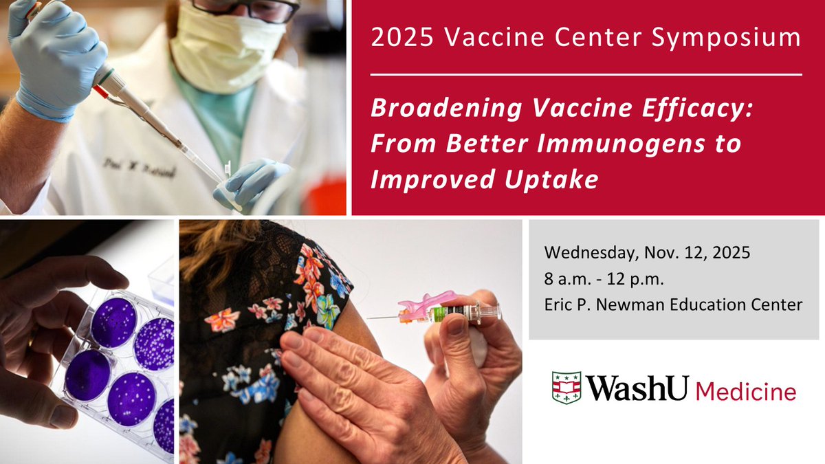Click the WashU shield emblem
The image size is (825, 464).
click(x=566, y=388)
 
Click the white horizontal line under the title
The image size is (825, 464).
click(x=586, y=73)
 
